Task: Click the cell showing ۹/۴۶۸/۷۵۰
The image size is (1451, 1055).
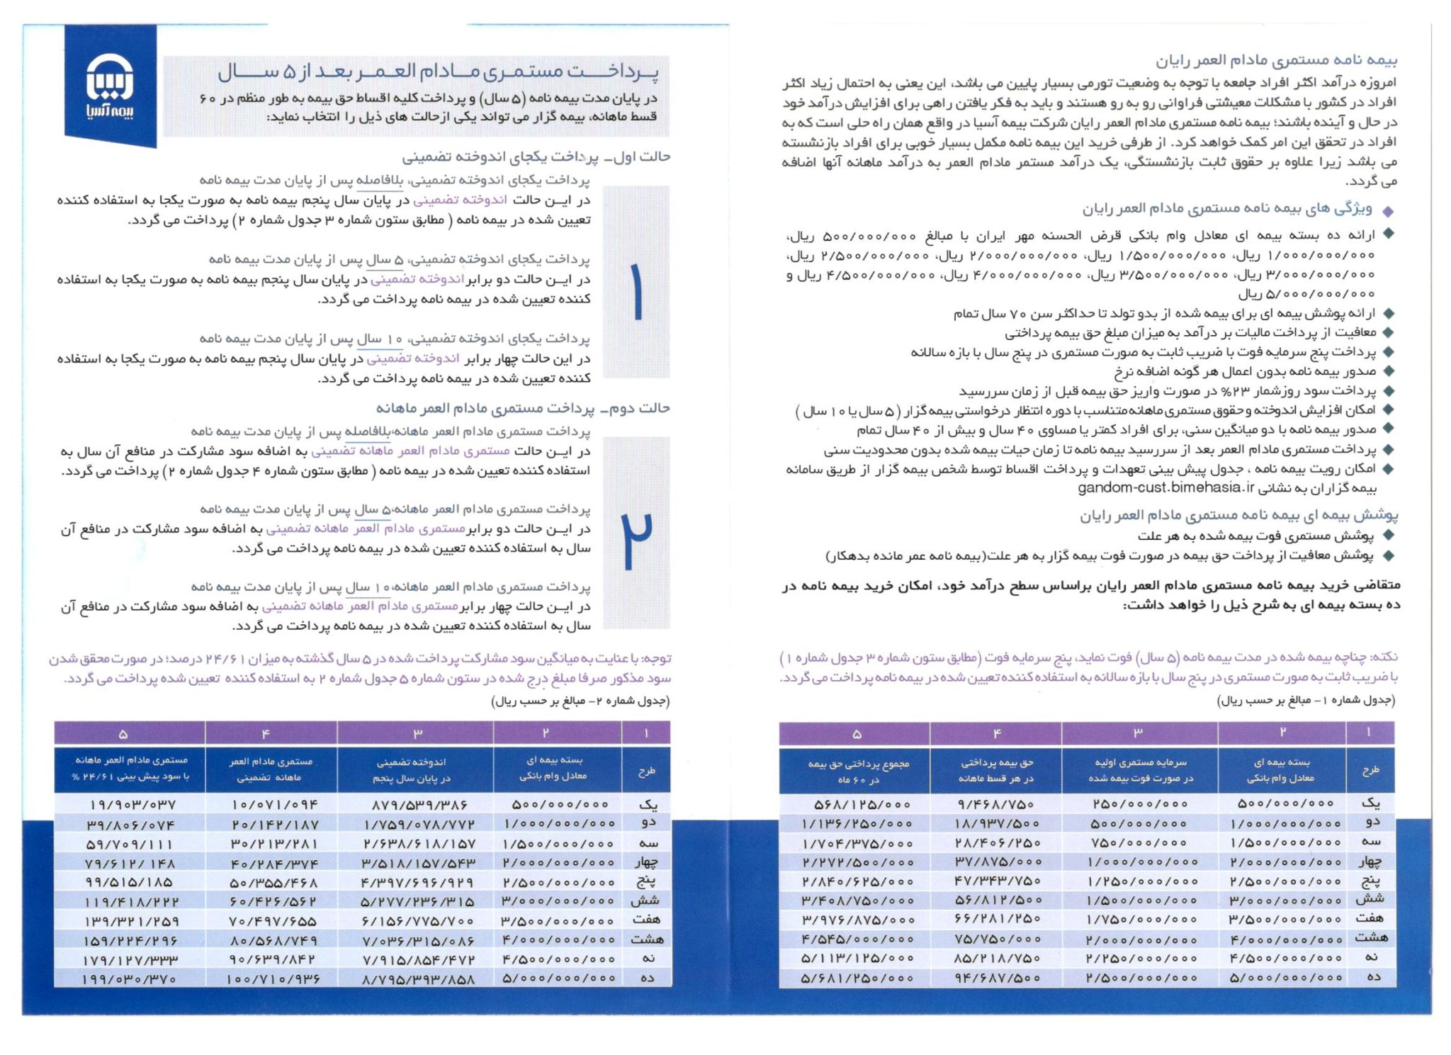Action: tap(995, 804)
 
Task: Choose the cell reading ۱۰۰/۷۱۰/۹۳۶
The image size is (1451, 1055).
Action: tap(272, 979)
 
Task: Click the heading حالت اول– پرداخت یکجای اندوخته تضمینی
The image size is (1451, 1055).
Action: tap(536, 157)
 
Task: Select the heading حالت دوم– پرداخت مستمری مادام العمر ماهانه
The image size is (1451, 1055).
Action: tap(523, 409)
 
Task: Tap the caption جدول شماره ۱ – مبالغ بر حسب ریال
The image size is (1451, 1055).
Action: tap(1305, 701)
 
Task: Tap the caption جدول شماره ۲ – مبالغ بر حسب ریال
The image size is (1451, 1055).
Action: tap(580, 701)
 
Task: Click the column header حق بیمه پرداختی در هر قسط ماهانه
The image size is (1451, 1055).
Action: tap(995, 770)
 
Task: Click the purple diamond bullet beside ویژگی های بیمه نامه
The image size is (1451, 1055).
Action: tap(1387, 211)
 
